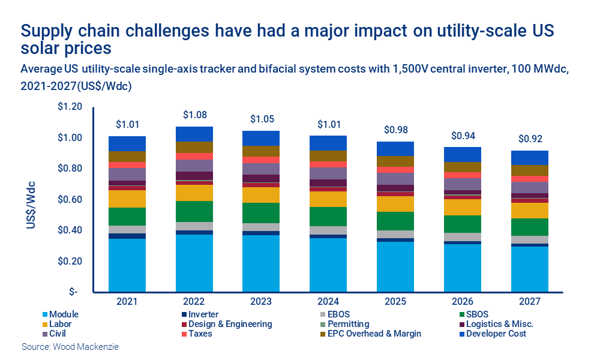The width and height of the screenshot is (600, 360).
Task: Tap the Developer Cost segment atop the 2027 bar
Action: pos(530,157)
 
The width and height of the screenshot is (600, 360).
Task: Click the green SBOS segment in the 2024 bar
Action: pos(328,216)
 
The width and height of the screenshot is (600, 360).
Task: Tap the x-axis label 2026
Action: pos(463,301)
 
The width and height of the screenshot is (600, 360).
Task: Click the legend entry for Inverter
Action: pos(203,314)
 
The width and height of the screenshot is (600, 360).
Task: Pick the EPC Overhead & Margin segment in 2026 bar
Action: pos(463,167)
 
